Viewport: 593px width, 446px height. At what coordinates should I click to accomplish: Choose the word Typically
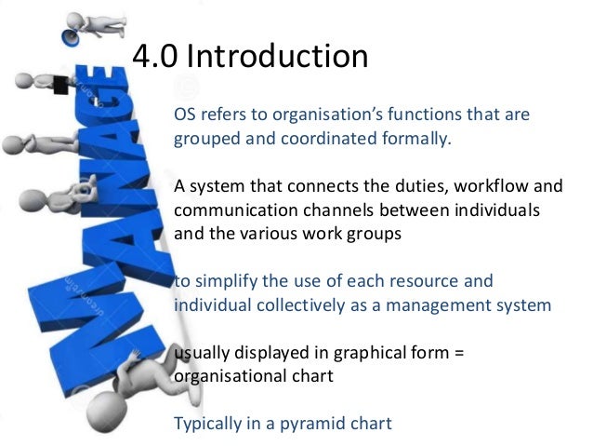(210, 424)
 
